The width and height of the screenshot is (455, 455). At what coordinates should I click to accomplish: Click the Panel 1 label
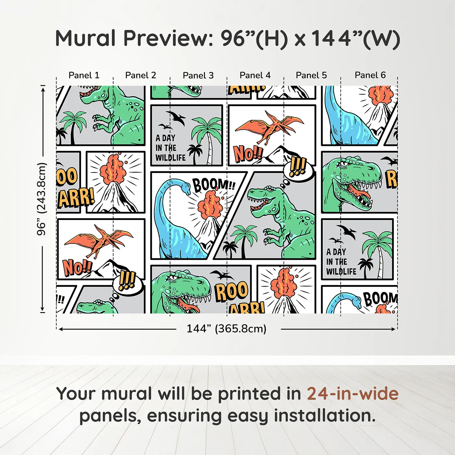[84, 75]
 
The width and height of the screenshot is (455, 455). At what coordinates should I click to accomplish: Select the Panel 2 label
[141, 75]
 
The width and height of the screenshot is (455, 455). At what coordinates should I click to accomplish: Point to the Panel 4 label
[255, 75]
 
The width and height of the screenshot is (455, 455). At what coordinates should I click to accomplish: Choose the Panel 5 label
[311, 75]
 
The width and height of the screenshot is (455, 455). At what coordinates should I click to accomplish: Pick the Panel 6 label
[370, 75]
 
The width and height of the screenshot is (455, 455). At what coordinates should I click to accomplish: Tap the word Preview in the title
[168, 38]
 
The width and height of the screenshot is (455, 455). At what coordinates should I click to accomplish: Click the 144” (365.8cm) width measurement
[227, 329]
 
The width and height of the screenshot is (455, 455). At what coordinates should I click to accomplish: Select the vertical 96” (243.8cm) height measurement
[42, 199]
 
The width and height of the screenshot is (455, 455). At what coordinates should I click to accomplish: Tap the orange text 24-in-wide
[353, 394]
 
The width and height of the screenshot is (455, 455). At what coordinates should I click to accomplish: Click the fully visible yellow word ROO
[231, 291]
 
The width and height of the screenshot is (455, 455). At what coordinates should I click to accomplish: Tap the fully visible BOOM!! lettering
[214, 185]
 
